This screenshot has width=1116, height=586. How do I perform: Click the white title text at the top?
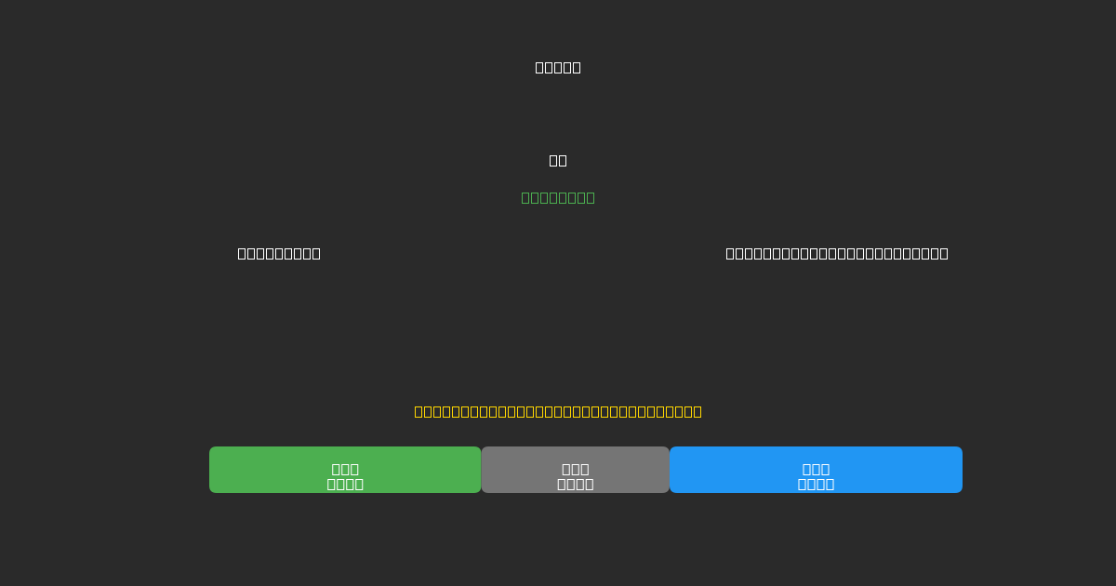[558, 67]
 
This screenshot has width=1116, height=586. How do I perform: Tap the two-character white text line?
[558, 160]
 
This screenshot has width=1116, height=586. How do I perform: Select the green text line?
[558, 197]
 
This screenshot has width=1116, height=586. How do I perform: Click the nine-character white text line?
[279, 253]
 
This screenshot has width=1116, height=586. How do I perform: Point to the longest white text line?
[837, 253]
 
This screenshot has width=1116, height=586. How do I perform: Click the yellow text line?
[558, 411]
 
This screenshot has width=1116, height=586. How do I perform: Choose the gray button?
[575, 470]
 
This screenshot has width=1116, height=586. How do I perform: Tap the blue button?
[816, 470]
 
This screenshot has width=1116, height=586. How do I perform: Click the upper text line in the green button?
[345, 469]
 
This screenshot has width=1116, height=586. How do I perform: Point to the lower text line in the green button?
[345, 484]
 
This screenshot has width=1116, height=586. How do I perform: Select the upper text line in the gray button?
[575, 469]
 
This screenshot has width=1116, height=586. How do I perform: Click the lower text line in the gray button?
[575, 484]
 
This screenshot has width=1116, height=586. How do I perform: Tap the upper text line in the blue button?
[816, 469]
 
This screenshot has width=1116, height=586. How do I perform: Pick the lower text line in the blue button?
[816, 484]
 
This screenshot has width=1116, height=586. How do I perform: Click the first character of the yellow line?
[418, 411]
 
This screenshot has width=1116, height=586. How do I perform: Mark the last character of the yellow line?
[697, 411]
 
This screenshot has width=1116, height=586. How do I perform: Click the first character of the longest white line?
[730, 253]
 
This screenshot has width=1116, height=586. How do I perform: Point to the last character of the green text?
[591, 197]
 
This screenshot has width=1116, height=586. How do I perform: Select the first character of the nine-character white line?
[242, 253]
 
